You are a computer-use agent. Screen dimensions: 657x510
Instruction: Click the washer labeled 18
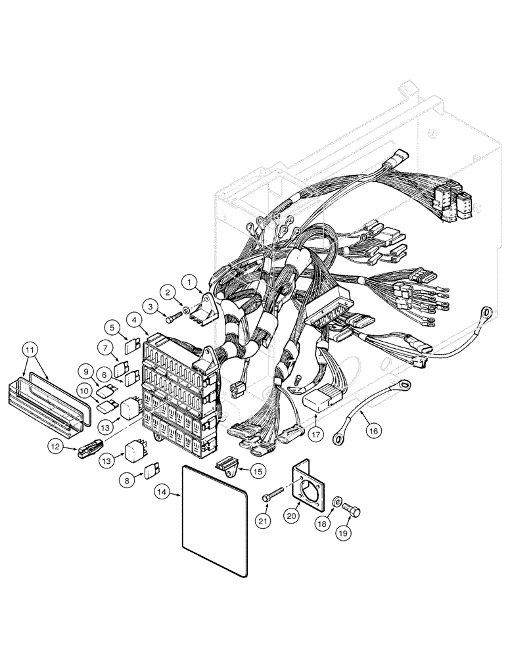click(x=336, y=503)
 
